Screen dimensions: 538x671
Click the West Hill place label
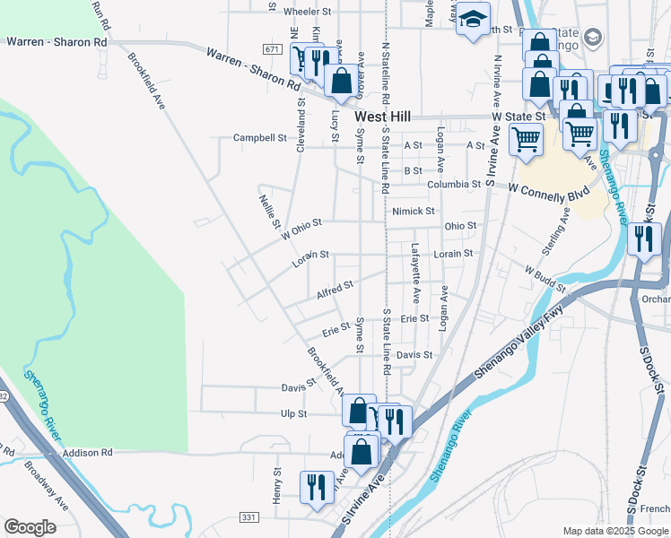pyautogui.click(x=383, y=117)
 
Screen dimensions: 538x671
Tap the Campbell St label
pyautogui.click(x=259, y=138)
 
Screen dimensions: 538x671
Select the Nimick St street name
pyautogui.click(x=413, y=212)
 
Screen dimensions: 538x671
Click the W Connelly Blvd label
pyautogui.click(x=548, y=191)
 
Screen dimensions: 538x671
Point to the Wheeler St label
pyautogui.click(x=308, y=12)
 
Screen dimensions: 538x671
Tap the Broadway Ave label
pyautogui.click(x=47, y=484)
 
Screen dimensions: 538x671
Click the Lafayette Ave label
pyautogui.click(x=415, y=273)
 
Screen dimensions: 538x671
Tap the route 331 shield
pyautogui.click(x=249, y=517)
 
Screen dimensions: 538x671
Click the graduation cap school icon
pyautogui.click(x=472, y=19)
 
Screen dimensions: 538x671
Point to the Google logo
pyautogui.click(x=30, y=527)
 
